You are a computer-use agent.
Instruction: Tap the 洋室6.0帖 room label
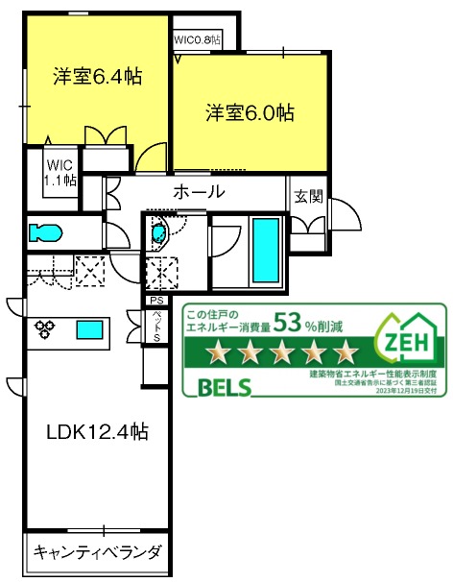point(249,113)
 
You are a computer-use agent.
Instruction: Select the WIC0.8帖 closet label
point(197,40)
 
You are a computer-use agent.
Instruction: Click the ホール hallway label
point(199,192)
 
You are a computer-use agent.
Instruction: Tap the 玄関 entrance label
point(308,197)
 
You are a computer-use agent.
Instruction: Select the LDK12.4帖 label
point(96,431)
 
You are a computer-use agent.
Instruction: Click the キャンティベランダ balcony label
point(97,552)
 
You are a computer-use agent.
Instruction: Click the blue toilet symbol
point(45,232)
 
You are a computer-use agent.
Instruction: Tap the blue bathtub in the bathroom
point(265,248)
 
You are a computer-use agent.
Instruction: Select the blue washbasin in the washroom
point(158,231)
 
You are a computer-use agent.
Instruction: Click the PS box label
point(155,300)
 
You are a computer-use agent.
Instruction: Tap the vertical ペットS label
point(155,326)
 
